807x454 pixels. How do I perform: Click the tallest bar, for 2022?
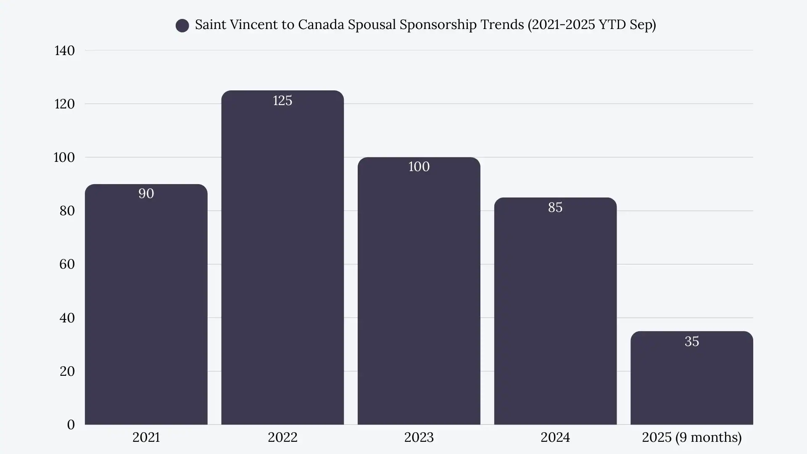tap(282, 261)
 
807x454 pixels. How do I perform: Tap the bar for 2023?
tap(419, 294)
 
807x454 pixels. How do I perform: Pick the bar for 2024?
tap(555, 315)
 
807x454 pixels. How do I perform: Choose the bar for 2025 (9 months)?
tap(691, 383)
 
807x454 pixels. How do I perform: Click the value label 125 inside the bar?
tap(282, 101)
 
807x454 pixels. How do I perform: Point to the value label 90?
tap(146, 194)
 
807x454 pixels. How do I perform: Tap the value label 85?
tap(555, 208)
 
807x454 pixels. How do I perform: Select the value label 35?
tap(691, 341)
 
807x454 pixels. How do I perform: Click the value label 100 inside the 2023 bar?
tap(419, 167)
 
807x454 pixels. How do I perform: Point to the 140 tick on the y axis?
tap(64, 51)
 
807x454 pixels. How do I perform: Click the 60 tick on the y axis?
tap(67, 264)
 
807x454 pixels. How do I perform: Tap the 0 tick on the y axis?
tap(71, 425)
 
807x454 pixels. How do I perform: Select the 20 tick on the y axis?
tap(67, 371)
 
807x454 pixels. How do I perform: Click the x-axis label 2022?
tap(282, 438)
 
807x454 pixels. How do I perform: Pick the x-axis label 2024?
tap(555, 438)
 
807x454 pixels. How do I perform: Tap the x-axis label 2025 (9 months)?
tap(691, 438)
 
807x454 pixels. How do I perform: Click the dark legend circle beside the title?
tap(182, 26)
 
